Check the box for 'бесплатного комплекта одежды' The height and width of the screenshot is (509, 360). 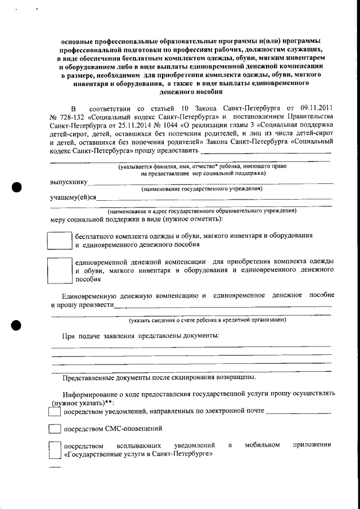57,241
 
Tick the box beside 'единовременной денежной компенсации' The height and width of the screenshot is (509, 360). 57,270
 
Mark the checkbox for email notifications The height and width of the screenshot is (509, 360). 55,412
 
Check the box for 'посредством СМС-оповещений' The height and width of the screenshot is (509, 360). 55,429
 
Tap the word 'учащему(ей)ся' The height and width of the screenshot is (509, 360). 73,197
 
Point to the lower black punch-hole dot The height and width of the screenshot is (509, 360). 17,325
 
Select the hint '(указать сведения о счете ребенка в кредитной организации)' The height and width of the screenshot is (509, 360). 207,320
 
